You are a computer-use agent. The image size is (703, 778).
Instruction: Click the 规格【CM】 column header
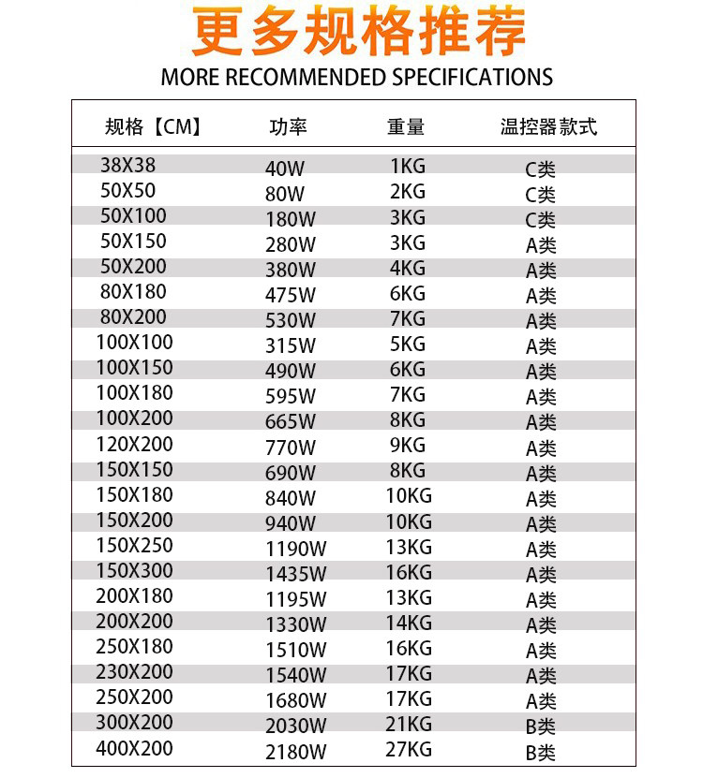click(154, 127)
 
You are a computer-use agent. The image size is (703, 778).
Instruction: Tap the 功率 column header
click(288, 127)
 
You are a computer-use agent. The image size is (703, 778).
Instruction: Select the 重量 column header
click(406, 127)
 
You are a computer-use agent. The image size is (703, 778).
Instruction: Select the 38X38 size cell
click(128, 166)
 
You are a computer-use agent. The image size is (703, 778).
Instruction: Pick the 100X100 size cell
click(135, 343)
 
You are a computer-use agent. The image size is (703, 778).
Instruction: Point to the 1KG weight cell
click(407, 167)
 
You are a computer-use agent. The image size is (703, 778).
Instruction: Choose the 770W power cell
click(291, 447)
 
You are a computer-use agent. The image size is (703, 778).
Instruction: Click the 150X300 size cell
click(135, 570)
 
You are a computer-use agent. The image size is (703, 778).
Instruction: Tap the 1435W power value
click(296, 574)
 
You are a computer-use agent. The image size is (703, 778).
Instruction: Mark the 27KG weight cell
click(409, 749)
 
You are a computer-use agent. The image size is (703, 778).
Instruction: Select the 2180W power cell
click(296, 752)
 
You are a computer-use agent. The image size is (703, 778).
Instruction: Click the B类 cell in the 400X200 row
click(541, 752)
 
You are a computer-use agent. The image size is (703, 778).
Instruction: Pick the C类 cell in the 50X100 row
click(541, 220)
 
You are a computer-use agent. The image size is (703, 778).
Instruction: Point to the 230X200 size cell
click(135, 671)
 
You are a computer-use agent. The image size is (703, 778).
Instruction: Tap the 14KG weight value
click(409, 622)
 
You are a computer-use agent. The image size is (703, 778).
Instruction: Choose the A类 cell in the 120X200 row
click(541, 448)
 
